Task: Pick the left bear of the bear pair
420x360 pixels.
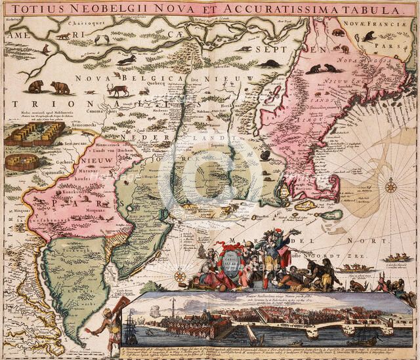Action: [x=35, y=86]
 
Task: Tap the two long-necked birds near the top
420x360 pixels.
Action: [x=101, y=39]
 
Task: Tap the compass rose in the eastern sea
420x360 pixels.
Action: [x=390, y=186]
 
